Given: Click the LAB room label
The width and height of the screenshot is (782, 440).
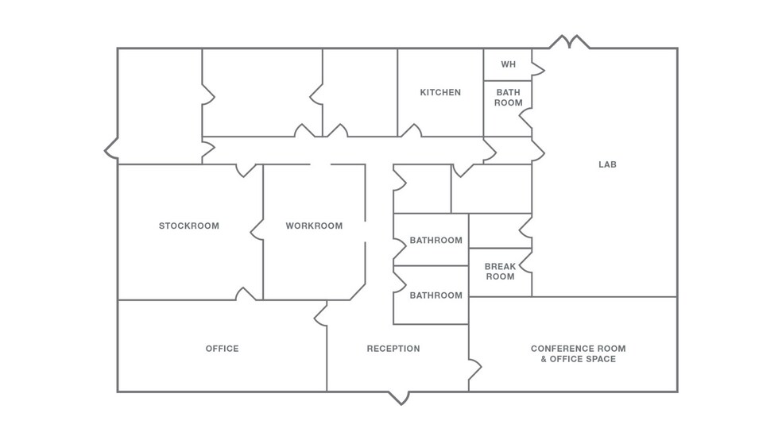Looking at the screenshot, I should pyautogui.click(x=607, y=165).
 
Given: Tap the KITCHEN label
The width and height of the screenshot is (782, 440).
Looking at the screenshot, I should pyautogui.click(x=440, y=93).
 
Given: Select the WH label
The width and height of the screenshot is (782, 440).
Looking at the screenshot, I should pyautogui.click(x=508, y=64).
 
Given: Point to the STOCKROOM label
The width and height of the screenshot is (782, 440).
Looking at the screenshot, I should pyautogui.click(x=188, y=226).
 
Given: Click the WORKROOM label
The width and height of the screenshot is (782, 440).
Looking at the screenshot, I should pyautogui.click(x=314, y=226).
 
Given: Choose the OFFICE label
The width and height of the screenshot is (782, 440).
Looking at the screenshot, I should pyautogui.click(x=222, y=349).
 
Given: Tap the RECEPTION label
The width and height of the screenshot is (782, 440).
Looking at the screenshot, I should pyautogui.click(x=393, y=349).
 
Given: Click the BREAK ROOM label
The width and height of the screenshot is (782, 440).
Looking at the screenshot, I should pyautogui.click(x=500, y=272).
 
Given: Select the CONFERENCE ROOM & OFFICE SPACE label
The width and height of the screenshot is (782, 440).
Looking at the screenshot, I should pyautogui.click(x=578, y=353).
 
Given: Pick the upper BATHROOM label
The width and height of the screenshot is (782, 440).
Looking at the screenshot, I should pyautogui.click(x=436, y=241).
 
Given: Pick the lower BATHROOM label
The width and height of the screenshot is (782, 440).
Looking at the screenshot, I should pyautogui.click(x=436, y=295).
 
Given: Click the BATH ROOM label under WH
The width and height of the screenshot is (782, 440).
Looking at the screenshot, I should pyautogui.click(x=509, y=98).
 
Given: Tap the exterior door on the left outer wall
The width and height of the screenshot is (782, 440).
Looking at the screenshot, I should pyautogui.click(x=112, y=148).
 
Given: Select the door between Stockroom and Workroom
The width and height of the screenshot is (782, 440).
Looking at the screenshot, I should pyautogui.click(x=257, y=230).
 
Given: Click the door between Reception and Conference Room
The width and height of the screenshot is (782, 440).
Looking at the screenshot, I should pyautogui.click(x=474, y=369).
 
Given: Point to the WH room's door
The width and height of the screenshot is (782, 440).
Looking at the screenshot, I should pyautogui.click(x=537, y=71).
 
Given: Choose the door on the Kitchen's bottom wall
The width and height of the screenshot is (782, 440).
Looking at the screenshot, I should pyautogui.click(x=411, y=131).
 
